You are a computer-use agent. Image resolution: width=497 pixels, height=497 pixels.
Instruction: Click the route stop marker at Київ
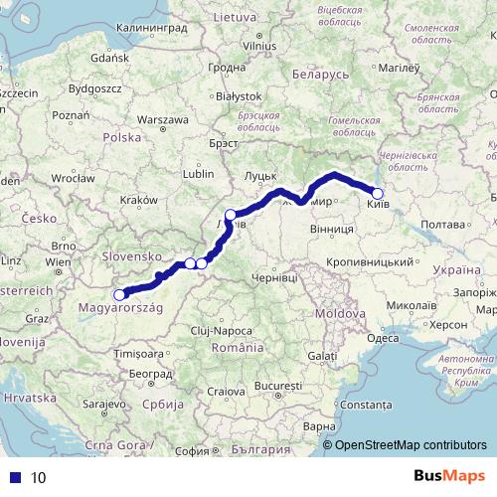pos(377,194)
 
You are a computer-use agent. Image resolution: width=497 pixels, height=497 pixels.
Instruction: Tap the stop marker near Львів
pos(231,215)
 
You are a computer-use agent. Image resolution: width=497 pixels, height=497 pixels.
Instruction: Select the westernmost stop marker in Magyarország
pos(120,294)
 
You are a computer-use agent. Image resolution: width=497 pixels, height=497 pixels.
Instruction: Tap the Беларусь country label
pos(319,76)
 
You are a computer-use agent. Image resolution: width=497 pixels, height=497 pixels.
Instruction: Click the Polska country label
pos(122,137)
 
